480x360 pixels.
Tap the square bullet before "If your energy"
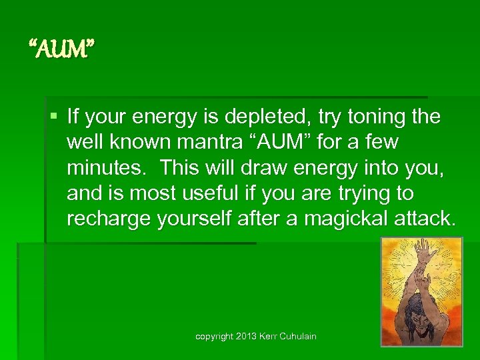click(x=55, y=117)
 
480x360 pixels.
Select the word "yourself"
click(x=195, y=219)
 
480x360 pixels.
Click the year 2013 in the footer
click(x=247, y=337)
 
